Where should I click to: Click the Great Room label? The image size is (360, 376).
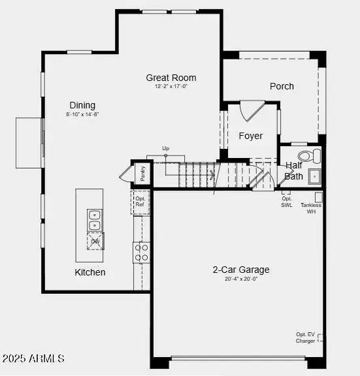(x=171, y=78)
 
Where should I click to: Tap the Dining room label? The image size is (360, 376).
(x=82, y=105)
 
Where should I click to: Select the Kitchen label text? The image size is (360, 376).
(x=90, y=272)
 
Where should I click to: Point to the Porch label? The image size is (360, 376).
(x=282, y=86)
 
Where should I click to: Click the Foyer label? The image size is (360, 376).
(x=250, y=136)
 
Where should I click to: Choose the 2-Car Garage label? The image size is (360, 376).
(x=240, y=270)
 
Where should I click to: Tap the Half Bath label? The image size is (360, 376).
(x=294, y=171)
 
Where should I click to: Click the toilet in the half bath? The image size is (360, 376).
(x=309, y=156)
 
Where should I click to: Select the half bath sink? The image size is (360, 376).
(x=314, y=176)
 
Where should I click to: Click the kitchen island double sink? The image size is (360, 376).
(x=95, y=220)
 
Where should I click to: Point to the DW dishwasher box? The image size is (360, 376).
(x=95, y=241)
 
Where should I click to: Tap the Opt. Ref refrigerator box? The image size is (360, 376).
(x=140, y=202)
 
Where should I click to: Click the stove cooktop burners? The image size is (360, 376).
(x=141, y=252)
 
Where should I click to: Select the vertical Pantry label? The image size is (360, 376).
(x=142, y=174)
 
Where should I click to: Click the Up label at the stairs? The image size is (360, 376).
(x=165, y=148)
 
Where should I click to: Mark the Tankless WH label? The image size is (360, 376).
(x=311, y=208)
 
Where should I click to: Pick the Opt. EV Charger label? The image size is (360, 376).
(x=305, y=337)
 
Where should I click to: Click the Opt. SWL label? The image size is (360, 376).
(x=287, y=201)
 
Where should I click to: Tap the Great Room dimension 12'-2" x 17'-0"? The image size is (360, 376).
(x=171, y=87)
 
